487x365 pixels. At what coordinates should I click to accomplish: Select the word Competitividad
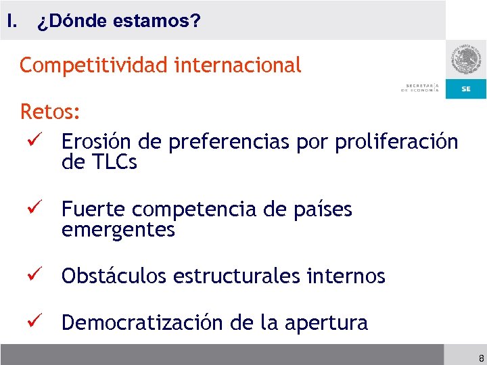tap(95, 66)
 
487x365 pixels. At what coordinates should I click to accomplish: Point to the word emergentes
tap(118, 230)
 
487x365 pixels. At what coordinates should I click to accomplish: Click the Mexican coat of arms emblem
tap(465, 62)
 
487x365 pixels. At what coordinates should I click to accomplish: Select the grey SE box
tap(466, 89)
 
